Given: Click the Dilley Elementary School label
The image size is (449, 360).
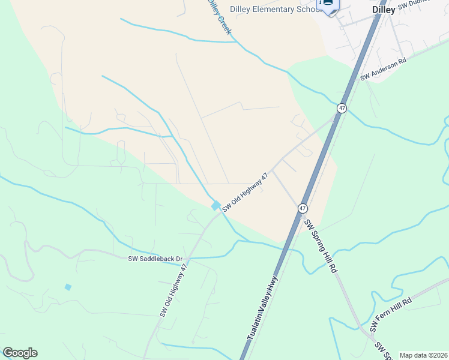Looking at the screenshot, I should pyautogui.click(x=270, y=10).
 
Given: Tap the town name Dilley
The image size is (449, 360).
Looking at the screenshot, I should pyautogui.click(x=384, y=10).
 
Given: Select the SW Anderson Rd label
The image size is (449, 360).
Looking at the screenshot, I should pyautogui.click(x=384, y=70).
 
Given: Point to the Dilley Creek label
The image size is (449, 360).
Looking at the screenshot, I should pyautogui.click(x=218, y=17).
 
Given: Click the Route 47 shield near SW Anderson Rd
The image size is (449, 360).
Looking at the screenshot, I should pyautogui.click(x=342, y=108).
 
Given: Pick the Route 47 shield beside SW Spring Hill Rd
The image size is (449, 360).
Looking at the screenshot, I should pyautogui.click(x=303, y=208).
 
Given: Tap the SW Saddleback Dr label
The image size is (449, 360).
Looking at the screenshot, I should pyautogui.click(x=155, y=259).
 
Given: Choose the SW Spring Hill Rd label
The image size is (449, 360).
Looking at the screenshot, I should pyautogui.click(x=319, y=246).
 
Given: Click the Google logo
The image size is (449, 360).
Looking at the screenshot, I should pyautogui.click(x=20, y=353).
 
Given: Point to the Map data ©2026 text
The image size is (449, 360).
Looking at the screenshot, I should pyautogui.click(x=423, y=355).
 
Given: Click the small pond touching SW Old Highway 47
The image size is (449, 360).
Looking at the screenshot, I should pyautogui.click(x=215, y=206).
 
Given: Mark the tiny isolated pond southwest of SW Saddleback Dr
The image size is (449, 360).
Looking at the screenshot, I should pyautogui.click(x=68, y=287).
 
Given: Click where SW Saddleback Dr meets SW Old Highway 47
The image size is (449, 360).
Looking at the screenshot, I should pyautogui.click(x=187, y=260).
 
